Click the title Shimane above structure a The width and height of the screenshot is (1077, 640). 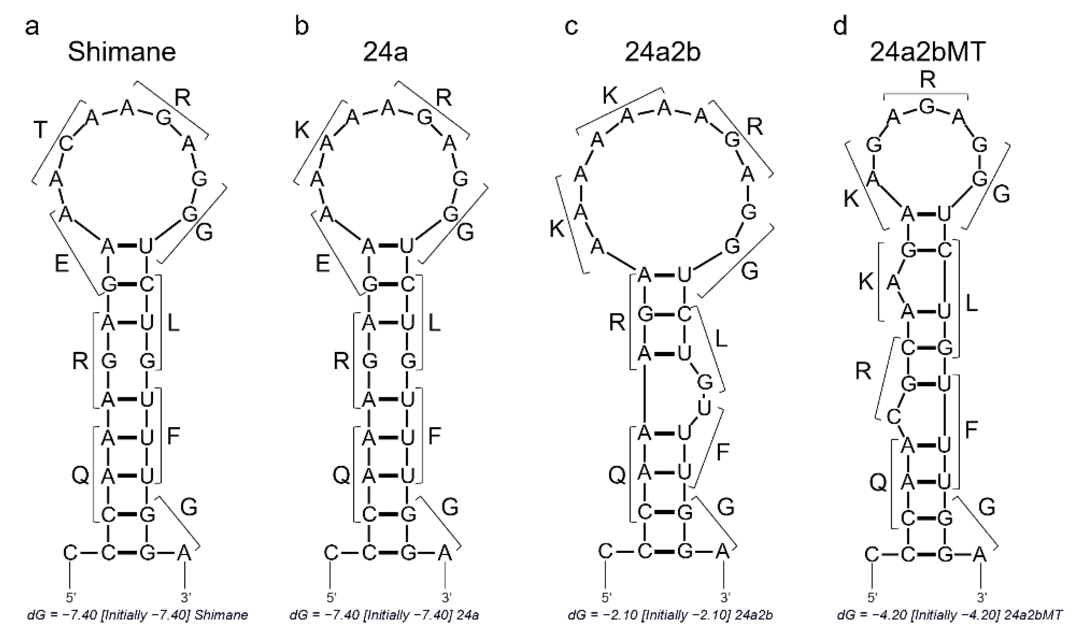(122, 52)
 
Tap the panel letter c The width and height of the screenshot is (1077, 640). (571, 27)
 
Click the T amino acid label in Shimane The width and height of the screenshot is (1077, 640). (40, 129)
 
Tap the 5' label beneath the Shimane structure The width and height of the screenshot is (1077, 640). (70, 597)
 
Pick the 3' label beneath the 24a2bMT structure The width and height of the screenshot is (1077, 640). (982, 597)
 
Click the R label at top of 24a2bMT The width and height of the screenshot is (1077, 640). (927, 79)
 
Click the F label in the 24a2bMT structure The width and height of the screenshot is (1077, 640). (971, 430)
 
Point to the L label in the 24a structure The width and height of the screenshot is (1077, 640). (434, 323)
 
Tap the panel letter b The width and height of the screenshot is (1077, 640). (302, 27)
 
